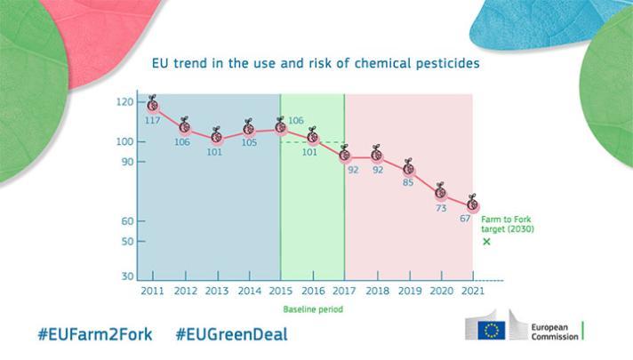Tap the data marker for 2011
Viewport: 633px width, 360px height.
tap(153, 105)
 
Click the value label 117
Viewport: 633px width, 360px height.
tap(153, 120)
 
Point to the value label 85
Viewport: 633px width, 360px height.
tap(408, 182)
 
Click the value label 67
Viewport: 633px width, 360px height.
tap(465, 218)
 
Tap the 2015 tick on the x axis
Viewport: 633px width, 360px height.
tap(280, 291)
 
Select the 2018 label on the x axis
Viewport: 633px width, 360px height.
tap(376, 291)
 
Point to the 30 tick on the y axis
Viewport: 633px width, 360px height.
tap(127, 276)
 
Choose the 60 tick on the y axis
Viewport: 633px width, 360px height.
tap(127, 220)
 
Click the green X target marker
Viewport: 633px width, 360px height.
tap(486, 242)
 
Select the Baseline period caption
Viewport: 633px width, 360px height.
tap(312, 309)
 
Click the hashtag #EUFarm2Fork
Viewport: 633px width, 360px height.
tap(95, 335)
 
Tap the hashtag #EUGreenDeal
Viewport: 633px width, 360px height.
tap(231, 335)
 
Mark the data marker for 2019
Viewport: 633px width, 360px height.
tap(408, 167)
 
